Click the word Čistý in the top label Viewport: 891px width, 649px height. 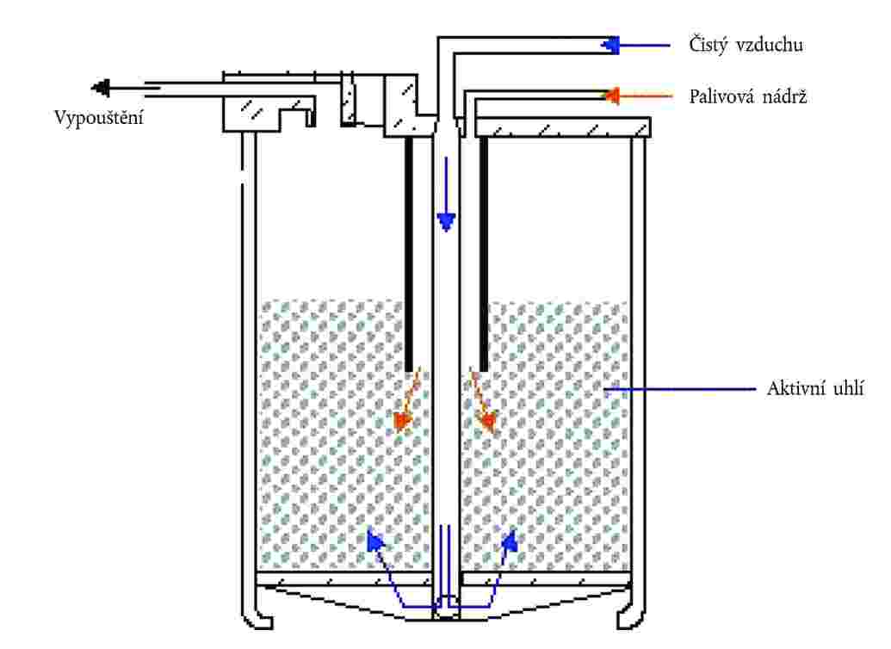pyautogui.click(x=708, y=45)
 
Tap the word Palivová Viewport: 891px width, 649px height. pyautogui.click(x=721, y=96)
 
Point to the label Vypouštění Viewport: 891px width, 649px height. pyautogui.click(x=99, y=118)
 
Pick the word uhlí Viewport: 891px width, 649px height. pyautogui.click(x=849, y=389)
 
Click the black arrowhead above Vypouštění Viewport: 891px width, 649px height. pyautogui.click(x=101, y=88)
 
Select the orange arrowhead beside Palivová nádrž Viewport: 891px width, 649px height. pyautogui.click(x=611, y=96)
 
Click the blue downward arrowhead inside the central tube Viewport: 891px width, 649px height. pyautogui.click(x=446, y=222)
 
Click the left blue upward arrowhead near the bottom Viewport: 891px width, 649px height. pyautogui.click(x=375, y=541)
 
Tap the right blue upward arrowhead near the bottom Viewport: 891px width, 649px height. pyautogui.click(x=510, y=541)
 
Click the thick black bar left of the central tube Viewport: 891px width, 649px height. pyautogui.click(x=409, y=254)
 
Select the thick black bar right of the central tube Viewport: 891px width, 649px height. pyautogui.click(x=484, y=254)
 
